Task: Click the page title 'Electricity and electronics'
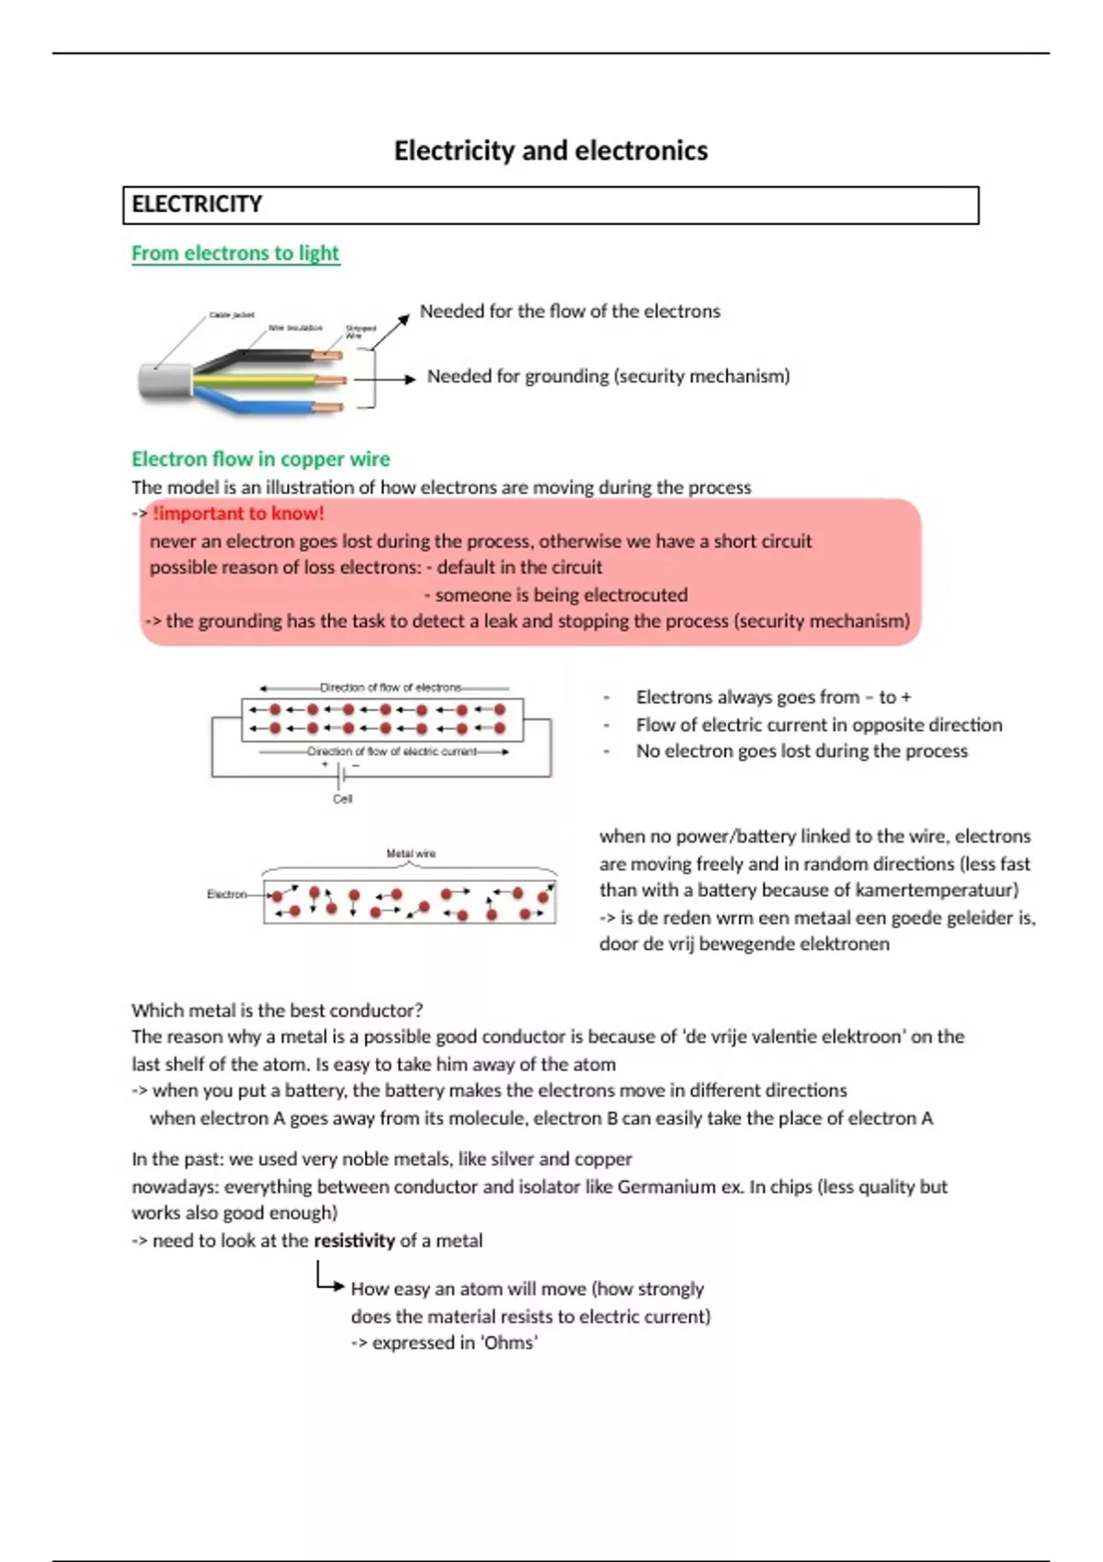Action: coord(551,151)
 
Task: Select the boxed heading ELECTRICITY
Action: coord(197,204)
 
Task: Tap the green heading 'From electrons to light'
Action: coord(235,253)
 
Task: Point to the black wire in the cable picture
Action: coord(267,356)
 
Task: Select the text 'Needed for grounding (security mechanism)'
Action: coord(608,376)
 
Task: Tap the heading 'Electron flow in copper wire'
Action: coord(260,458)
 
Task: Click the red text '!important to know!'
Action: coord(238,514)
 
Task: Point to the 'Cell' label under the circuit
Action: coord(343,799)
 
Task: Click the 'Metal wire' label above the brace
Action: coord(411,854)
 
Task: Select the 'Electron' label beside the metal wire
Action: coord(226,894)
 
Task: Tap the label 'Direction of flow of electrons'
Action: coord(390,687)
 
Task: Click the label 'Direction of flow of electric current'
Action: coord(392,752)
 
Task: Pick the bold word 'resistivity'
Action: coord(354,1240)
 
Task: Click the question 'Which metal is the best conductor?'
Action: coord(277,1010)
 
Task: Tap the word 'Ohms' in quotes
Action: coord(508,1342)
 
